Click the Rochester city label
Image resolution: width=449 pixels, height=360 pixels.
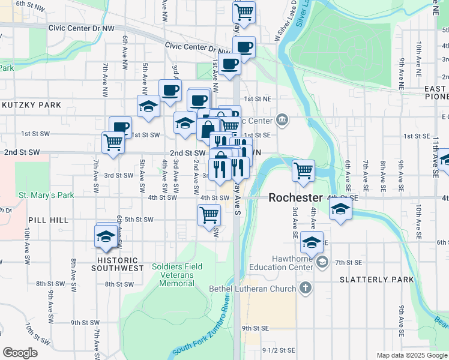(295, 197)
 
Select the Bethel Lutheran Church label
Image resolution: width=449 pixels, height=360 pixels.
(252, 289)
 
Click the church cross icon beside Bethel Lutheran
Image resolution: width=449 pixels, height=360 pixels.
(306, 288)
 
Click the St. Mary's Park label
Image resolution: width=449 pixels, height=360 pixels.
(46, 195)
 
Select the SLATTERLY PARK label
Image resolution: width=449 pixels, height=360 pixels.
(376, 280)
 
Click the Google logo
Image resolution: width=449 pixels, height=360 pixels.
(20, 353)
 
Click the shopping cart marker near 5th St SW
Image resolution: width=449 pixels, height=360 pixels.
(209, 214)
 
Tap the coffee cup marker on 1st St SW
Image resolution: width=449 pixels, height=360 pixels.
(120, 127)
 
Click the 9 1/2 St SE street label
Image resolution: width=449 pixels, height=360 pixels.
(278, 350)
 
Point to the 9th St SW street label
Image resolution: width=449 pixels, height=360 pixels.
(84, 322)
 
